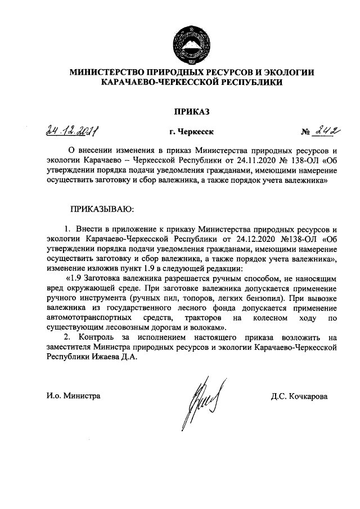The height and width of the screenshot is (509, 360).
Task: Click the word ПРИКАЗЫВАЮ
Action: (102, 209)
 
